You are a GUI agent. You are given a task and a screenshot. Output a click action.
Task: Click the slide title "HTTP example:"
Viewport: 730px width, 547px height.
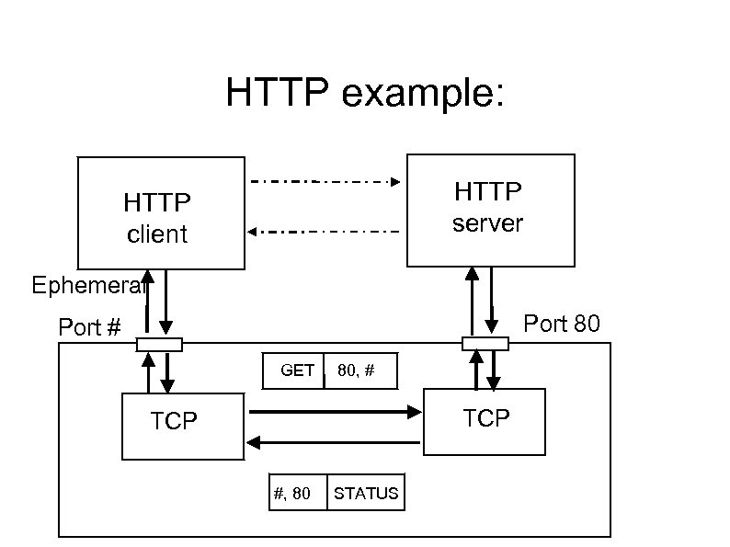pyautogui.click(x=365, y=94)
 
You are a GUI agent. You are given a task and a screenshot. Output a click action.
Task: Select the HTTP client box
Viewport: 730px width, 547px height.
pyautogui.click(x=161, y=213)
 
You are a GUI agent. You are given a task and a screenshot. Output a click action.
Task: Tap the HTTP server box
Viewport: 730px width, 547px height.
pyautogui.click(x=490, y=209)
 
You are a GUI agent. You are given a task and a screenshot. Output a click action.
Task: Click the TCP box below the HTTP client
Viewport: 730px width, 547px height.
pyautogui.click(x=183, y=426)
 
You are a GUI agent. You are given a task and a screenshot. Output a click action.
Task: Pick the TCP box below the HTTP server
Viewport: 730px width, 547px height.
pyautogui.click(x=485, y=421)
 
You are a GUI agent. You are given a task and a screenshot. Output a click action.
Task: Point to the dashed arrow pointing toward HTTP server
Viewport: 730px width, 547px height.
pyautogui.click(x=326, y=181)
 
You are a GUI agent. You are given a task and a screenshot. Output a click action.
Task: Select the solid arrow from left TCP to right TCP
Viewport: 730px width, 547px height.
pyautogui.click(x=335, y=413)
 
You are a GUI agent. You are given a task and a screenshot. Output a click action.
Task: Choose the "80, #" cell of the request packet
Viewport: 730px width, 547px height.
pyautogui.click(x=360, y=370)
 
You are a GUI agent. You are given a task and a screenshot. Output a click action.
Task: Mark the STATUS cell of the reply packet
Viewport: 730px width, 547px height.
pyautogui.click(x=366, y=493)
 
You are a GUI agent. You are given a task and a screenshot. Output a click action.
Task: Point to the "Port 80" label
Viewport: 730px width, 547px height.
pyautogui.click(x=562, y=324)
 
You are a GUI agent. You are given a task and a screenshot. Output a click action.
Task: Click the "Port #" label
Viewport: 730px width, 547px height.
pyautogui.click(x=90, y=327)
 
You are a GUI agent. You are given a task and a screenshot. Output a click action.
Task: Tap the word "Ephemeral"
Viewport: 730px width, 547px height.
pyautogui.click(x=87, y=285)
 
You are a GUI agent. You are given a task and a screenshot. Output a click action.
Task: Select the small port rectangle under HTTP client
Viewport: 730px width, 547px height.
pyautogui.click(x=159, y=345)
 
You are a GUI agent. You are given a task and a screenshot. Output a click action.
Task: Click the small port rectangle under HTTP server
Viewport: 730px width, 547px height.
pyautogui.click(x=485, y=344)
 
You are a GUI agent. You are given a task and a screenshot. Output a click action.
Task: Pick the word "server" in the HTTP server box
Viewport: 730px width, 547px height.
pyautogui.click(x=487, y=223)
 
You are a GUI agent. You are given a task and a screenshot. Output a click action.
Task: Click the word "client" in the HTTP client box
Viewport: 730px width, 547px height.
pyautogui.click(x=157, y=234)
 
